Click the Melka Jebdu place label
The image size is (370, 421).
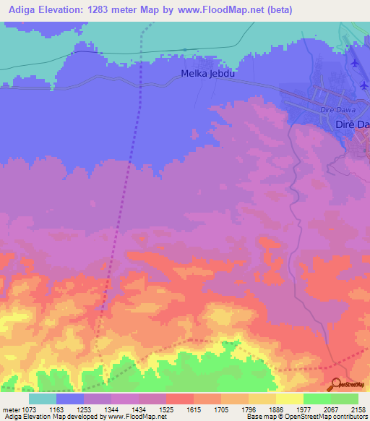207,74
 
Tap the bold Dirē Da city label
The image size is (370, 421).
353,125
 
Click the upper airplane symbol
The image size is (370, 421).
353,63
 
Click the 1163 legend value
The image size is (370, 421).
56,409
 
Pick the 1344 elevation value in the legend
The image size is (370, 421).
111,409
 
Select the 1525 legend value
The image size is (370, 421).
166,409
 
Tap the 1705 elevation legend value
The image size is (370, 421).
221,409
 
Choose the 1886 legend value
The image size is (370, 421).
276,409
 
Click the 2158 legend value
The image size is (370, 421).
358,409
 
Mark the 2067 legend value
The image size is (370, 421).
331,409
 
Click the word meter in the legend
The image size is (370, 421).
9,409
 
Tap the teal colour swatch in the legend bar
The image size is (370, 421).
43,399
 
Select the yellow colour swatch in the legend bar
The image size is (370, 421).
289,399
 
